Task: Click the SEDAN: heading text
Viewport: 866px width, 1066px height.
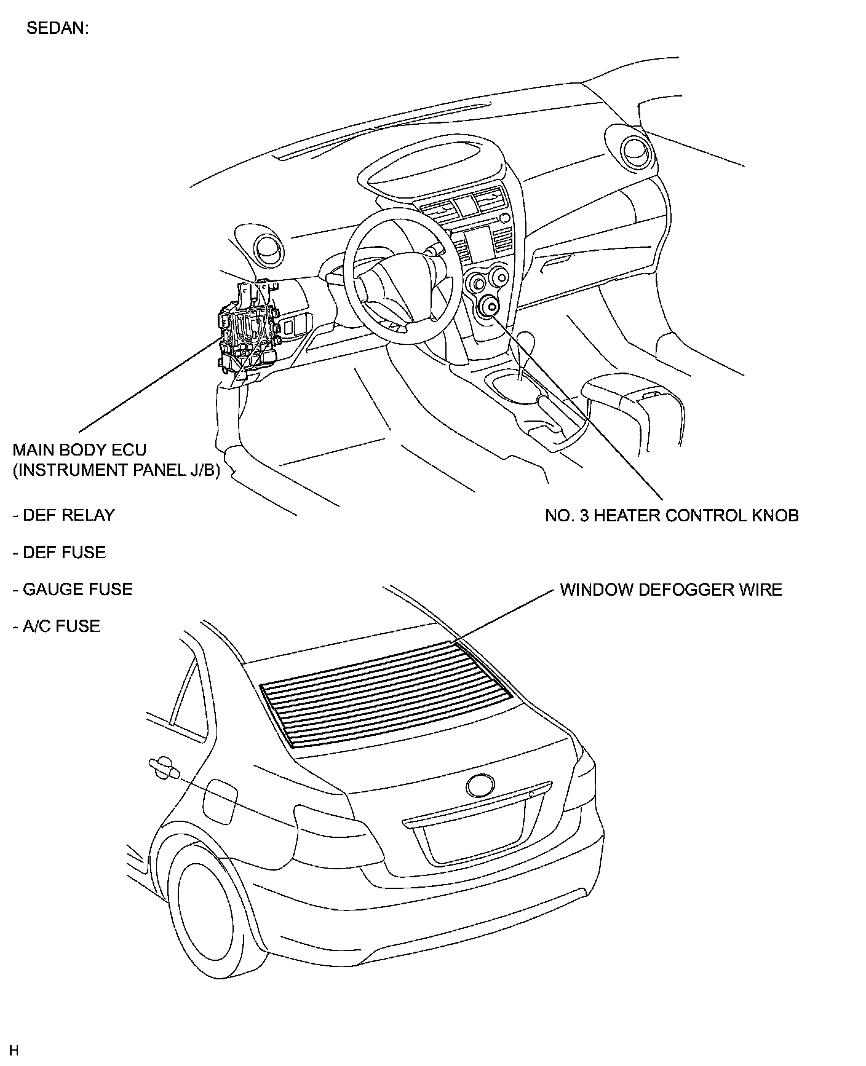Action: coord(58,29)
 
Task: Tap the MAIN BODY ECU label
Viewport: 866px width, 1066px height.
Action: coord(79,449)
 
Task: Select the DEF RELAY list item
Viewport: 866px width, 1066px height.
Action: coord(63,515)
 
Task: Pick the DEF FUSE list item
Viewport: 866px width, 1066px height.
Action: coord(59,552)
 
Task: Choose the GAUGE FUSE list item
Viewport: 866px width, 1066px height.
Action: coord(73,589)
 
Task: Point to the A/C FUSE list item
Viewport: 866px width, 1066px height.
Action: coord(56,626)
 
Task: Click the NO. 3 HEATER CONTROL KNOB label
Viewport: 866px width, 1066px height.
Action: coord(672,515)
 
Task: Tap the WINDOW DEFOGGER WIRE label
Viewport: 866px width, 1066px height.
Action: coord(671,590)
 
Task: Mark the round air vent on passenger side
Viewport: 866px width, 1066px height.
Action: coord(633,150)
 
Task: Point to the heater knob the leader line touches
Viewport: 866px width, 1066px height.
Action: coord(491,307)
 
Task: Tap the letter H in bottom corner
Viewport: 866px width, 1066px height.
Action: coord(14,1050)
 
